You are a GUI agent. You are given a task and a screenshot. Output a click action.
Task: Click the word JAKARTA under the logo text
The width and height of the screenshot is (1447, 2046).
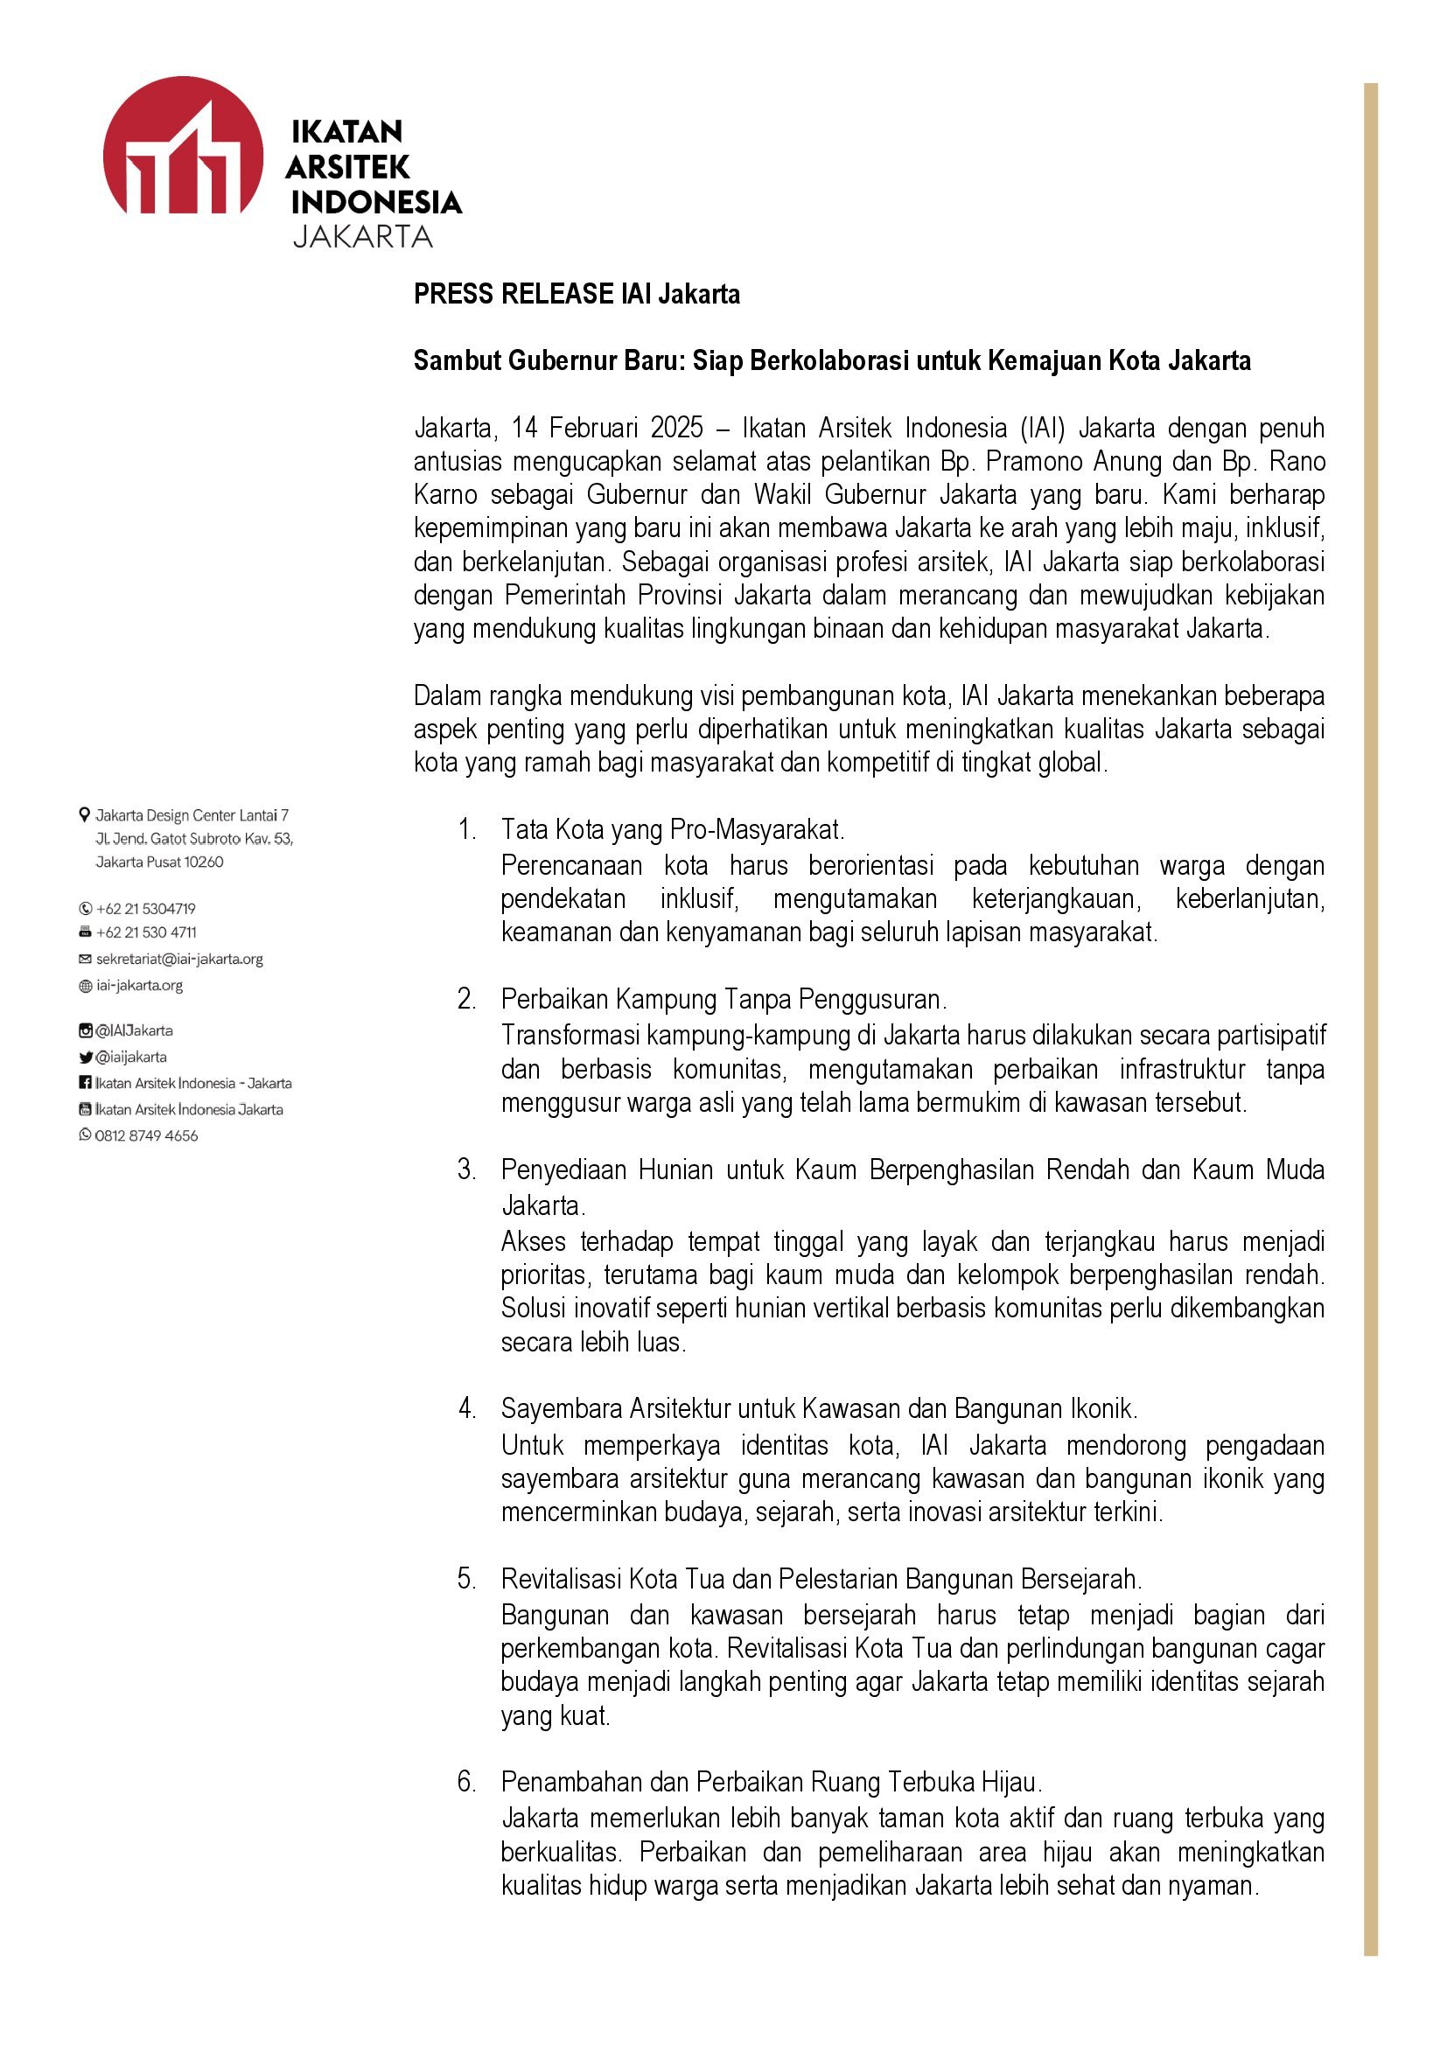click(x=362, y=237)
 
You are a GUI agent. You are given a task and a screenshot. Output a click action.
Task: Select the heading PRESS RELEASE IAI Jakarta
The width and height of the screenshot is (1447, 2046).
click(x=576, y=294)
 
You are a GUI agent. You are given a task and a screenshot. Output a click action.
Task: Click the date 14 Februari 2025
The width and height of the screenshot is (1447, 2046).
click(x=607, y=429)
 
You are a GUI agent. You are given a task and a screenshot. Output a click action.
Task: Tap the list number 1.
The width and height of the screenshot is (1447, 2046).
click(x=467, y=829)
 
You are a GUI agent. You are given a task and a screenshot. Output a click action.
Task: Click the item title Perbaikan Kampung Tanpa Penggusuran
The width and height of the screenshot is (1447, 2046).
click(x=723, y=999)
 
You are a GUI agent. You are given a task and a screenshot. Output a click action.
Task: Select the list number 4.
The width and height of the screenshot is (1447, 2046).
click(x=467, y=1409)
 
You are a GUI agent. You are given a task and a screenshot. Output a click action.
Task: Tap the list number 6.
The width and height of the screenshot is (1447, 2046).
click(x=467, y=1782)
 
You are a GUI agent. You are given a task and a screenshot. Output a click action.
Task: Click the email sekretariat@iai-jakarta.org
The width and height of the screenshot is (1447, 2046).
click(x=179, y=960)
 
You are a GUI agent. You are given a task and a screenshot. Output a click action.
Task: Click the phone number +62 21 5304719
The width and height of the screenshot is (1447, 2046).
click(x=145, y=909)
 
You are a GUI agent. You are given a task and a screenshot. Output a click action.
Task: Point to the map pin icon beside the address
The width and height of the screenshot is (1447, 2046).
click(x=85, y=814)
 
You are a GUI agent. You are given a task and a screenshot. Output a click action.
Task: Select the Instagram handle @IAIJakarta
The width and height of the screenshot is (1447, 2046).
click(x=134, y=1031)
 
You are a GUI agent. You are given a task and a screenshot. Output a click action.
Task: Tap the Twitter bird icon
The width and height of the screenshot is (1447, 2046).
click(x=86, y=1058)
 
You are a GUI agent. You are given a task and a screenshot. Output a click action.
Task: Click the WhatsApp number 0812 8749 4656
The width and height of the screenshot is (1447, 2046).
click(x=146, y=1136)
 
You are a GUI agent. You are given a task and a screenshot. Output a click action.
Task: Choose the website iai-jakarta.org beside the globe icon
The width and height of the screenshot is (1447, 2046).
click(x=140, y=986)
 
